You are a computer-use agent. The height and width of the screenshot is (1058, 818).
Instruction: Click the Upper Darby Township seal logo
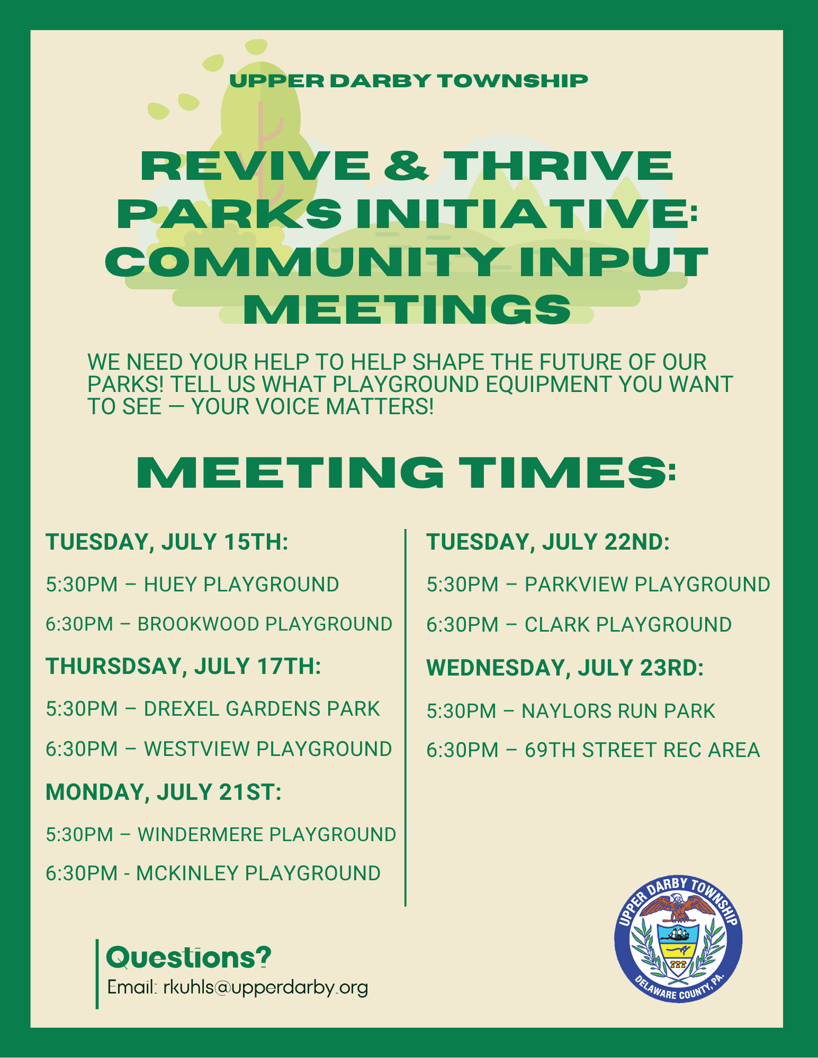click(678, 938)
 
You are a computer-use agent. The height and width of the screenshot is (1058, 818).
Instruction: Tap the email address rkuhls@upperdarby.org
click(266, 988)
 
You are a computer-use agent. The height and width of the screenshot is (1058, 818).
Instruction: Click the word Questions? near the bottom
click(189, 957)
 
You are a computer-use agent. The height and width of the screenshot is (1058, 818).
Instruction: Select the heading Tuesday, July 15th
click(167, 542)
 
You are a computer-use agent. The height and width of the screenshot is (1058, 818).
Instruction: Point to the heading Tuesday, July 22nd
click(548, 542)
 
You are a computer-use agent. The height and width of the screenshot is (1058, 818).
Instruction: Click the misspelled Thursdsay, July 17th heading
click(183, 667)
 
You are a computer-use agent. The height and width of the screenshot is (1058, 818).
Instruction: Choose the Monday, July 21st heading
click(164, 792)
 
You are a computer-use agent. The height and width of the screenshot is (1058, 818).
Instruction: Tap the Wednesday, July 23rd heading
click(565, 668)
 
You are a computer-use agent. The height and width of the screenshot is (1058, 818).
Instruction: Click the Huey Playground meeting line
click(192, 585)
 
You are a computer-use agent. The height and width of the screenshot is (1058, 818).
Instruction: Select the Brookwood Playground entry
click(219, 624)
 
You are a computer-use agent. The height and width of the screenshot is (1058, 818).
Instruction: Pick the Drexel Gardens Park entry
click(213, 709)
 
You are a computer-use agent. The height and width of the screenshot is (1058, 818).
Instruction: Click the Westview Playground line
click(219, 749)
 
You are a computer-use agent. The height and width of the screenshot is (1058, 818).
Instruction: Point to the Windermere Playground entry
click(221, 834)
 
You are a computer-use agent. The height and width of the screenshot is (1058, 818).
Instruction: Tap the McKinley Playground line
click(213, 873)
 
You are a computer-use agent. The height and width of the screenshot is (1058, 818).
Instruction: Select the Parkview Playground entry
click(598, 585)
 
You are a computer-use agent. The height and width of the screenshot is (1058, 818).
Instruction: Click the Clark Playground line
click(579, 625)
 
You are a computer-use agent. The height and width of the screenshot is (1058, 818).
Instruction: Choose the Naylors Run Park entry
click(571, 711)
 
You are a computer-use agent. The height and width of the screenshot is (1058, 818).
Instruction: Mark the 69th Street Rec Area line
click(593, 750)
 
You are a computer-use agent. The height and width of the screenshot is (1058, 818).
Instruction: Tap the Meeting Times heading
click(406, 472)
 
